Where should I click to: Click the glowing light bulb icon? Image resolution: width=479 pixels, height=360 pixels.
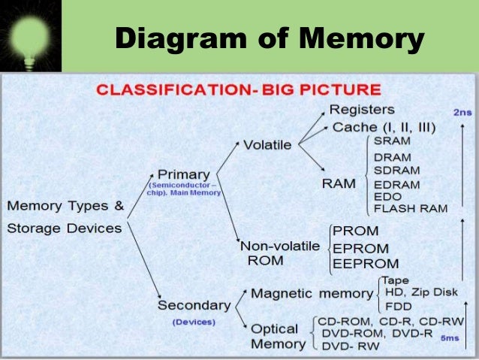(29, 35)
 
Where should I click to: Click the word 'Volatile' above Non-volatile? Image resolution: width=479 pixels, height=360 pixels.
(267, 144)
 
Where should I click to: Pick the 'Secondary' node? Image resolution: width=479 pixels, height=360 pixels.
(193, 306)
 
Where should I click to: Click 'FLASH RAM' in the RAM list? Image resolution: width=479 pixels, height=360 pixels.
(410, 208)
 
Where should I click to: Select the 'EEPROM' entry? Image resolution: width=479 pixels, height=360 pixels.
(366, 263)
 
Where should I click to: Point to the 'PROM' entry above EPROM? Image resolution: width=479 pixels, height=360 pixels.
(355, 231)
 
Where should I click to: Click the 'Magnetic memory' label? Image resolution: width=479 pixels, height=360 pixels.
(312, 293)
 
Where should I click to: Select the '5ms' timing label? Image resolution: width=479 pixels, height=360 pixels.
(450, 337)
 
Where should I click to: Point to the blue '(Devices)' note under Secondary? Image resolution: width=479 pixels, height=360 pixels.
(194, 322)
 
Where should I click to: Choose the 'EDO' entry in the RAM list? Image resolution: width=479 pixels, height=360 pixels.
(387, 196)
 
